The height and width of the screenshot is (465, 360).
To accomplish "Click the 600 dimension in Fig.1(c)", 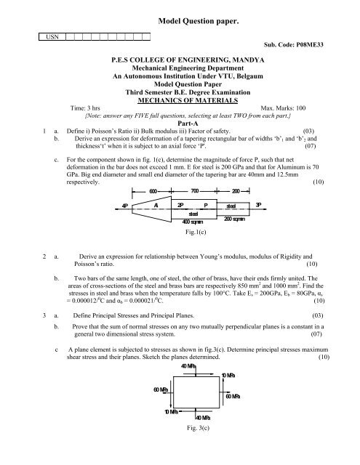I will [x=154, y=190].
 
